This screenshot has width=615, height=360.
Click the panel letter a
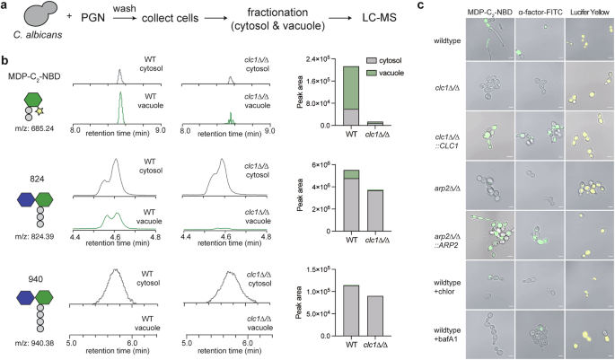pyautogui.click(x=5, y=6)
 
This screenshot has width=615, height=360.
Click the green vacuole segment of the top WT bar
pyautogui.click(x=351, y=87)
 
